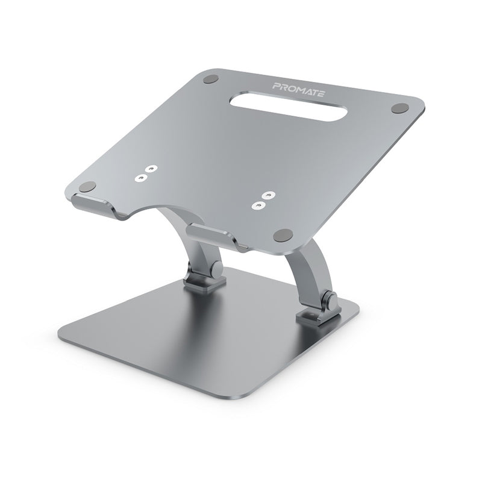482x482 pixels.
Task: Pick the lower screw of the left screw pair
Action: coord(141,178)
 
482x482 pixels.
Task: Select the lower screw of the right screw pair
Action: coord(261,205)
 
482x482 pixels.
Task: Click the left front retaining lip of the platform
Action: coord(93,205)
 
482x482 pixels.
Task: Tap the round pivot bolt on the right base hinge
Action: coord(330,299)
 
